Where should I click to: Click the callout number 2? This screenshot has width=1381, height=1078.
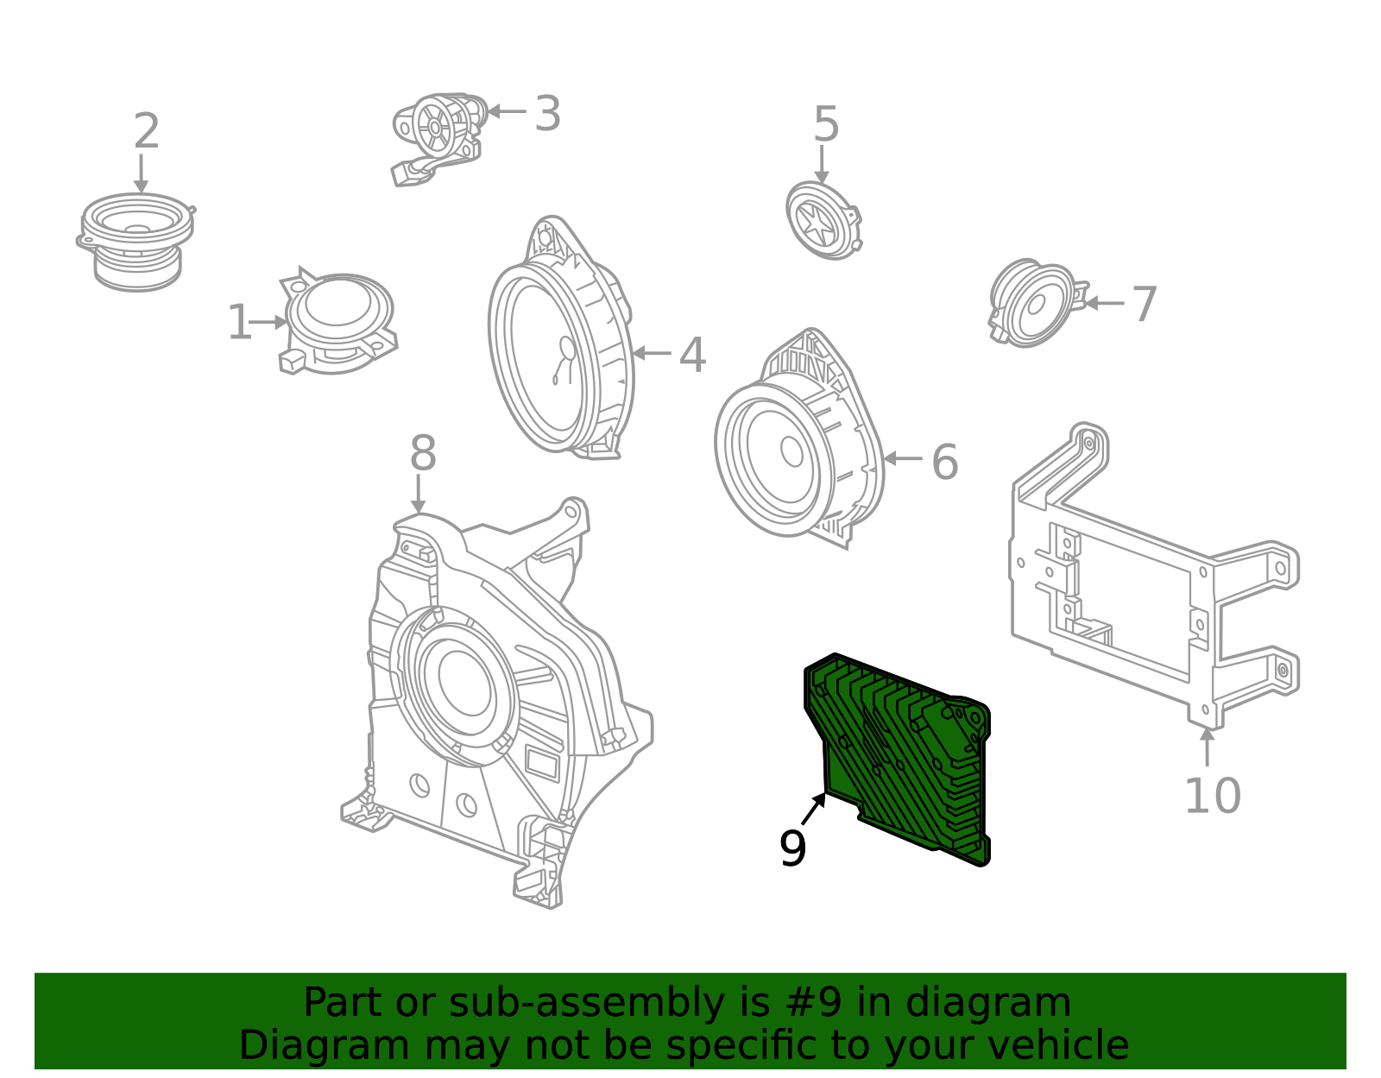coord(147,132)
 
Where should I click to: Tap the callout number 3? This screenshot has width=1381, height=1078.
coord(547,114)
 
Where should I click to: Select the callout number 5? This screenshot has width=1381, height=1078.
coord(826,125)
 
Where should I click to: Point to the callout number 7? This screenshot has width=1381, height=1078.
coord(1145,305)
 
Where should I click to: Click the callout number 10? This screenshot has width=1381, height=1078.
coord(1212,796)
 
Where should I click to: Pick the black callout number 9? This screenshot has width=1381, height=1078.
coord(792,849)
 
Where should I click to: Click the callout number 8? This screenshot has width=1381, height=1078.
coord(423,454)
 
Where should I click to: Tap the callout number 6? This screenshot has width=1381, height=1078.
coord(945,463)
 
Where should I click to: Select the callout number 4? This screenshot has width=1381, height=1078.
coord(692,356)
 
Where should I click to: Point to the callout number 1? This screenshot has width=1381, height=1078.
coord(239,324)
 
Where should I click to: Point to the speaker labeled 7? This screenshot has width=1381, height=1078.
coord(1033,303)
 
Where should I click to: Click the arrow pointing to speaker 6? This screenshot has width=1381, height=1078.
coord(903,458)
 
